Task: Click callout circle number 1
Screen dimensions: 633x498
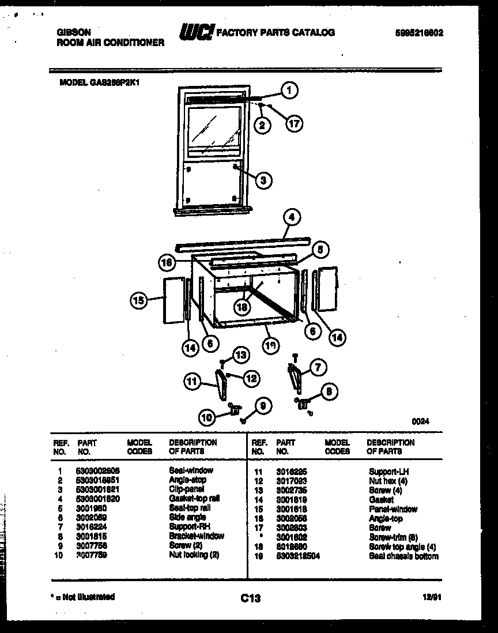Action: [x=289, y=90]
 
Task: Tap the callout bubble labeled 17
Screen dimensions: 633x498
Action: [x=295, y=123]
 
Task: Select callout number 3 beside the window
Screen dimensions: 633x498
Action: [x=263, y=180]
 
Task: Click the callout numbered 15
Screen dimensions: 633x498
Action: [x=138, y=299]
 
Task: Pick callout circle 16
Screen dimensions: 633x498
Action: [x=167, y=262]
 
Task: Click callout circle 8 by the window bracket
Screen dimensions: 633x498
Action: [x=328, y=391]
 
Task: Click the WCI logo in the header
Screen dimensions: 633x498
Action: [x=196, y=33]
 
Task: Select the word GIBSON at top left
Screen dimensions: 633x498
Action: [x=73, y=33]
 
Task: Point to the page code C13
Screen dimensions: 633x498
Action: [x=250, y=598]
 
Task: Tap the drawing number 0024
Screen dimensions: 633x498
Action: [x=420, y=421]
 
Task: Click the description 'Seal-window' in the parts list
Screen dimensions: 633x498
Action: [x=191, y=471]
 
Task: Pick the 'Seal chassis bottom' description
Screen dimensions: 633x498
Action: [x=403, y=556]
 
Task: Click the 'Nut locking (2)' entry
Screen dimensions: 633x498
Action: [x=194, y=555]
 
